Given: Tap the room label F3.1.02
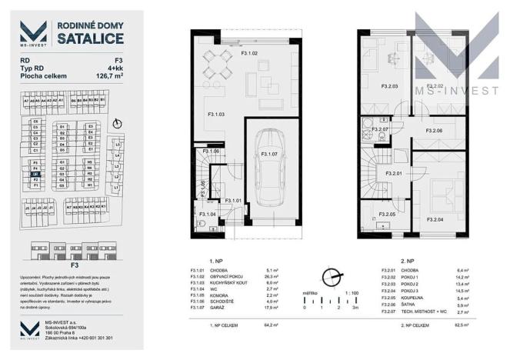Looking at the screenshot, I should coord(250,53).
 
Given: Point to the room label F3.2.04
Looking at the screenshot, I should coord(435,219).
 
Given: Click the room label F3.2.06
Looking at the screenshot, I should coord(435,132).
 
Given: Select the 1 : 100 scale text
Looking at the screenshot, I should coord(352,293).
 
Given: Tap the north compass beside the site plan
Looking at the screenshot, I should coord(115,123).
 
